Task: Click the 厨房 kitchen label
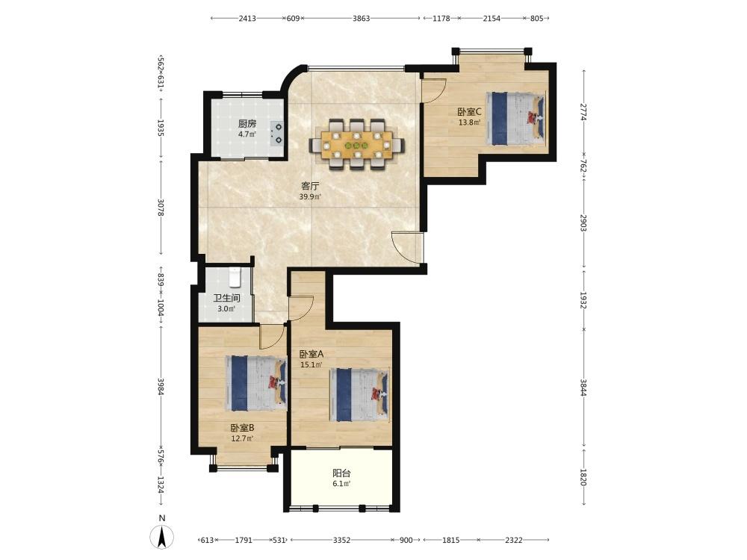pyautogui.click(x=247, y=124)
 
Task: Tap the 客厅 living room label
pyautogui.click(x=310, y=186)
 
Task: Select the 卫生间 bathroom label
pyautogui.click(x=226, y=298)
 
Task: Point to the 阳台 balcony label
pyautogui.click(x=341, y=473)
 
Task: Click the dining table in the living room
pyautogui.click(x=357, y=144)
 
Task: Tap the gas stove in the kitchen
pyautogui.click(x=277, y=134)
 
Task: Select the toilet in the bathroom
pyautogui.click(x=235, y=278)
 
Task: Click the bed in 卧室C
pyautogui.click(x=515, y=118)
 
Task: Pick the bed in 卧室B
pyautogui.click(x=255, y=383)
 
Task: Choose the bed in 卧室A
pyautogui.click(x=360, y=394)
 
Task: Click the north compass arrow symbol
pyautogui.click(x=162, y=538)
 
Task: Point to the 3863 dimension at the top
pyautogui.click(x=361, y=19)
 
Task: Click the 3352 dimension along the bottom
pyautogui.click(x=341, y=540)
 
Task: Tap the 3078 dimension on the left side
pyautogui.click(x=161, y=208)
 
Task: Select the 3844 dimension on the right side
pyautogui.click(x=583, y=388)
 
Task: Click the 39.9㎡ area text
pyautogui.click(x=310, y=196)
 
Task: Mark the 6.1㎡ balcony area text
pyautogui.click(x=341, y=484)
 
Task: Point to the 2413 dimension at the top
pyautogui.click(x=247, y=19)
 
